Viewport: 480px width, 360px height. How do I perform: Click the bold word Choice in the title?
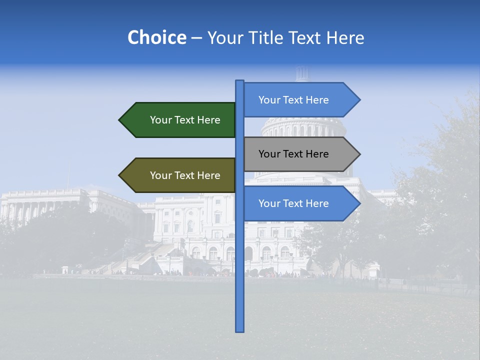(x=156, y=38)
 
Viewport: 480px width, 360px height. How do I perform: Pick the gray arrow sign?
(x=297, y=154)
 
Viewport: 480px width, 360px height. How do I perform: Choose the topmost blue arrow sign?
(x=297, y=100)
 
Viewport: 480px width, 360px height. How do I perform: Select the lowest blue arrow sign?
(x=297, y=203)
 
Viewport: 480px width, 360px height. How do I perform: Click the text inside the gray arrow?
(x=293, y=154)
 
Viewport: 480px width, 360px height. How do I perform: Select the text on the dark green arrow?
(x=185, y=120)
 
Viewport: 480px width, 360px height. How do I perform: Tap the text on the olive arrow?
(x=185, y=175)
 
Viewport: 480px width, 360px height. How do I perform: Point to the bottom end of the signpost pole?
(x=239, y=330)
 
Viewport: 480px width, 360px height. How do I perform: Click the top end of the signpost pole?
(x=239, y=81)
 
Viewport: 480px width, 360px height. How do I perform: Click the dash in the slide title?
(x=196, y=38)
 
